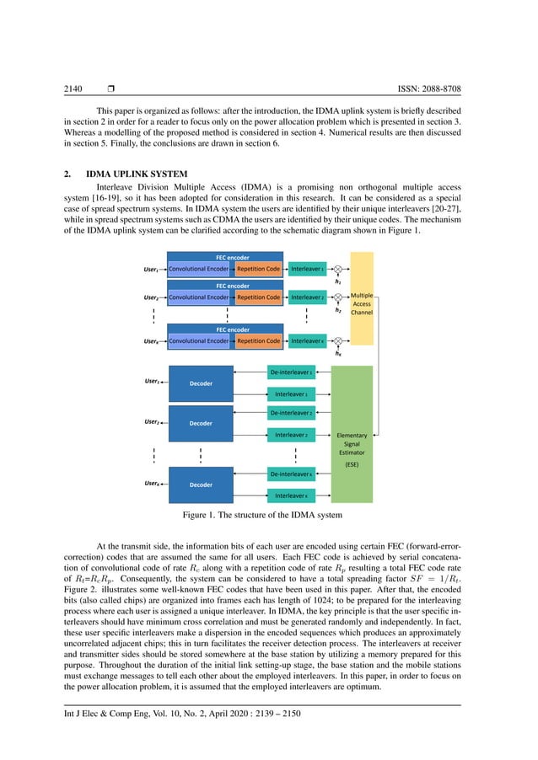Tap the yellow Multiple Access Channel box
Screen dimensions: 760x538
coord(361,298)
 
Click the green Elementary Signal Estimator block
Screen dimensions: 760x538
coord(352,442)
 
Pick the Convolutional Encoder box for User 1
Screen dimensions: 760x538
coord(199,269)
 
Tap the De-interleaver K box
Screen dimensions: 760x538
coord(292,474)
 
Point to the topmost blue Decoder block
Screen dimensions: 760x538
coord(201,383)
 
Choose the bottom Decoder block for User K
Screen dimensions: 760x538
coord(201,484)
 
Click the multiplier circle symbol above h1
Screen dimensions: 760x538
coord(337,269)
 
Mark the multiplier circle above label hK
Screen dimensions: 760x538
coord(337,341)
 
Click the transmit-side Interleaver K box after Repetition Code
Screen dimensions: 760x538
coord(307,341)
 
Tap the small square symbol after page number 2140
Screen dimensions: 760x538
coord(110,88)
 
